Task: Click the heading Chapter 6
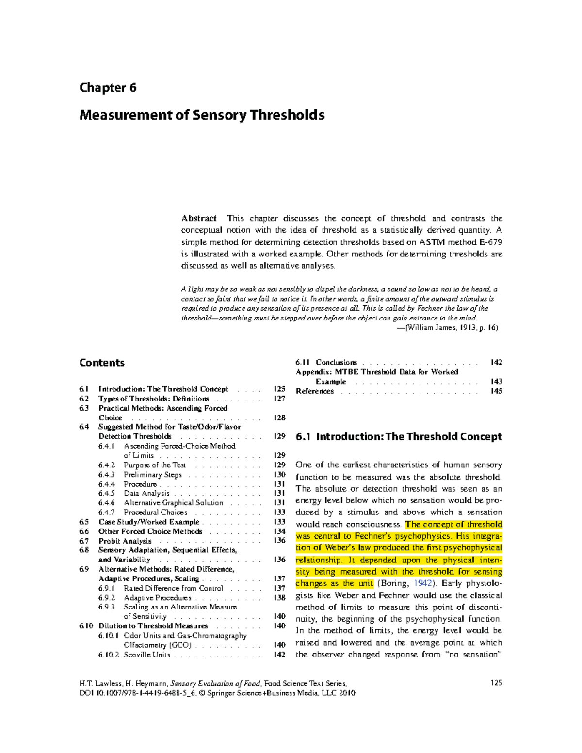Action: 108,88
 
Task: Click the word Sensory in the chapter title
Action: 220,115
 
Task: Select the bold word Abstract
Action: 199,219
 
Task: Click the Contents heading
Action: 102,363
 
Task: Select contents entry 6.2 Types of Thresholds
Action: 154,399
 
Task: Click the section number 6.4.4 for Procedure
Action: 107,484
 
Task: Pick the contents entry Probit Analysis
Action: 125,541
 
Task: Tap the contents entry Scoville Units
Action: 147,655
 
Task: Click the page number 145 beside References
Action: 496,391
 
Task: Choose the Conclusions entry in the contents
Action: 336,363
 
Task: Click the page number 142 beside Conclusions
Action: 496,363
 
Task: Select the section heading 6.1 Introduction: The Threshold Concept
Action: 399,437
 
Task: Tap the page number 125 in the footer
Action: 496,683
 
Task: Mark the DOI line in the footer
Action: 217,693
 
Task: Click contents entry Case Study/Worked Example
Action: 149,522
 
